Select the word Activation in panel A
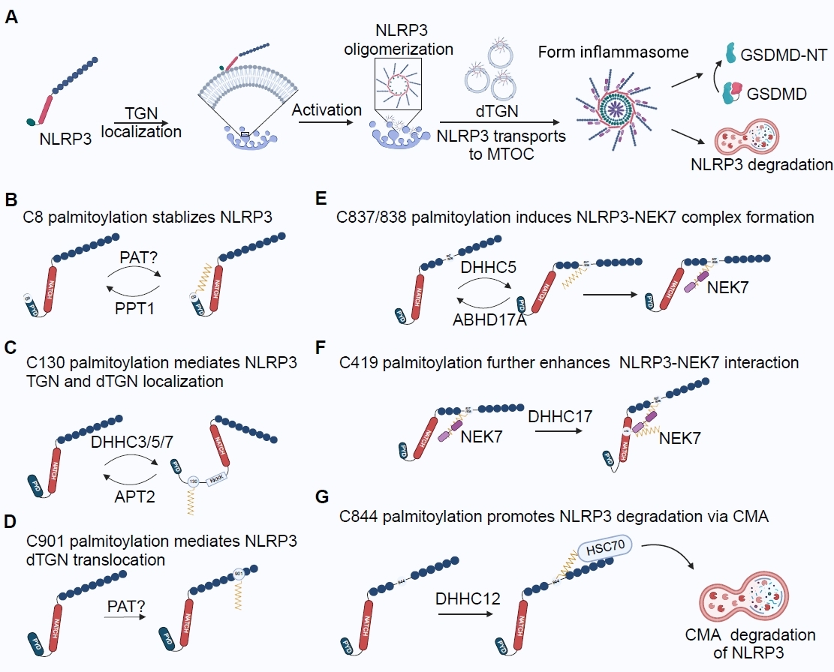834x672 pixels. [327, 110]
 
